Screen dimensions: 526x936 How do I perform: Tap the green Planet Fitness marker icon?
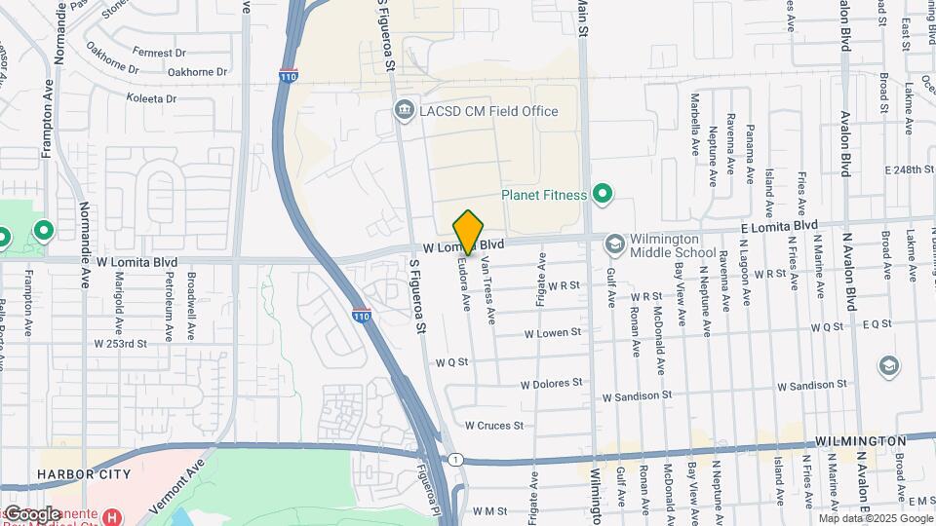coord(602,195)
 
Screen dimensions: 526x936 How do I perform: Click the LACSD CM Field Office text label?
coord(488,111)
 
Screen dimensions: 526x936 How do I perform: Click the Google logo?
coord(31,513)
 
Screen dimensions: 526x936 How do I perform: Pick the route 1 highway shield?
coord(454,459)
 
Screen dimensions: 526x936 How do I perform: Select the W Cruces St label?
coord(493,426)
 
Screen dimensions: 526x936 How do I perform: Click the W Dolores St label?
coord(551,384)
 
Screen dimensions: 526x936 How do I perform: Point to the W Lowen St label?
coord(552,332)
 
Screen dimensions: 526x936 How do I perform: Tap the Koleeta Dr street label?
coord(150,98)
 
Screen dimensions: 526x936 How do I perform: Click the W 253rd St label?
coord(120,344)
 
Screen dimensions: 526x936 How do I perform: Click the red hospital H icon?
coord(113,515)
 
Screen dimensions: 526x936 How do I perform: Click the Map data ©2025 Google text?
coord(874,518)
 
